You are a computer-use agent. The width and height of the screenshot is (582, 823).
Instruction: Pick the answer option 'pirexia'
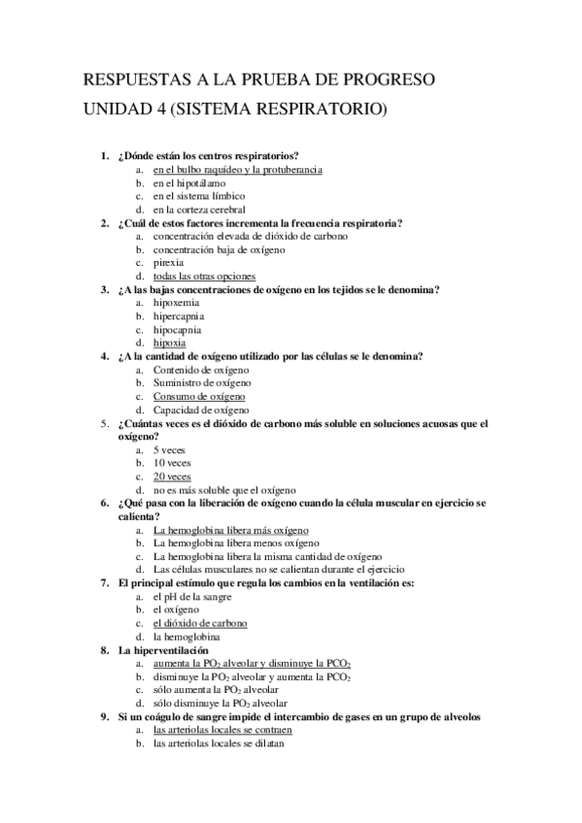(168, 262)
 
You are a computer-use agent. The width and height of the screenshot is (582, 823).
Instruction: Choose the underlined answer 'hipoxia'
(170, 343)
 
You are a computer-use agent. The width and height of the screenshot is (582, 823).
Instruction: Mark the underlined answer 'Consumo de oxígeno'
(199, 396)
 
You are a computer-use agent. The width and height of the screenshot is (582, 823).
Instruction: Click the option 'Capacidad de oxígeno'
(201, 410)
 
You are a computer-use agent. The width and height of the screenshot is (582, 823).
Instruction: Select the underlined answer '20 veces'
(172, 477)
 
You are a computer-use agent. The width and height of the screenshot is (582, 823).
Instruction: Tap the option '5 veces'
(169, 450)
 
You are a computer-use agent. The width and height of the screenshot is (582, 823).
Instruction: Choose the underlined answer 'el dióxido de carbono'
(200, 623)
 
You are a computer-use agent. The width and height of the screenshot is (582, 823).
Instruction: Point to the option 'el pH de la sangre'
(192, 596)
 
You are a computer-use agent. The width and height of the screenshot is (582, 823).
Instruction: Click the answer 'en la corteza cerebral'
(198, 209)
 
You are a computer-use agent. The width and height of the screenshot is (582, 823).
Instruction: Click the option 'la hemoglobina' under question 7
(186, 637)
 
